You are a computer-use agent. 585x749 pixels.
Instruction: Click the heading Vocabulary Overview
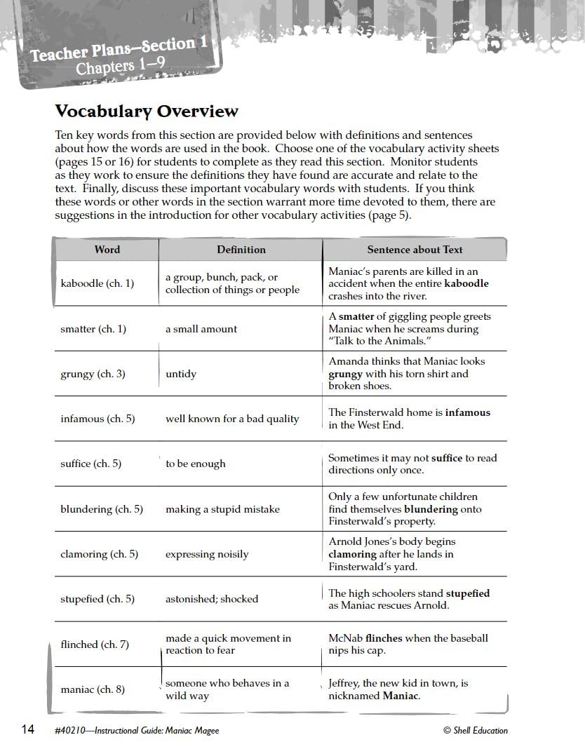(147, 112)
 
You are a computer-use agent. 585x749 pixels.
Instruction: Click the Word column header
(107, 250)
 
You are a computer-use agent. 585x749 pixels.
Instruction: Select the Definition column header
(241, 250)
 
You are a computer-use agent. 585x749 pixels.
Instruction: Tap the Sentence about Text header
(415, 250)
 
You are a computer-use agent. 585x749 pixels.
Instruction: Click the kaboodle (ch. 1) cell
(97, 284)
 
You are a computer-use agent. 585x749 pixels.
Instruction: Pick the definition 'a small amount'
(201, 329)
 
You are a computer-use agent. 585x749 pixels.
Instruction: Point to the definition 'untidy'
(181, 374)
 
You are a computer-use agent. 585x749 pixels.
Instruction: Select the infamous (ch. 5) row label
(97, 419)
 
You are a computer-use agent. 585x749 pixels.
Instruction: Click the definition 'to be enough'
(196, 464)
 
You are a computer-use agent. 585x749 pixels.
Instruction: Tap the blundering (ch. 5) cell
(102, 509)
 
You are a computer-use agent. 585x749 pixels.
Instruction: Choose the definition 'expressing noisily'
(207, 554)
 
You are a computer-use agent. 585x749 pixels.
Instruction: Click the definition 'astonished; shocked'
(212, 599)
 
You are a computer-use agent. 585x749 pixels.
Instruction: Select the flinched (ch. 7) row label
(95, 644)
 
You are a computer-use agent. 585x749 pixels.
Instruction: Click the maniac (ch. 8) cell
(93, 689)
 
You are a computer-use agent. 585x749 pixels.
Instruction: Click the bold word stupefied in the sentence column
(468, 593)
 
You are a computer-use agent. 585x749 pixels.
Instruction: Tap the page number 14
(27, 730)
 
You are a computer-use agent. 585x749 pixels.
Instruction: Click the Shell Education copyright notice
(476, 731)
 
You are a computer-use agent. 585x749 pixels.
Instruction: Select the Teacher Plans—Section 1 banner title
(119, 49)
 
